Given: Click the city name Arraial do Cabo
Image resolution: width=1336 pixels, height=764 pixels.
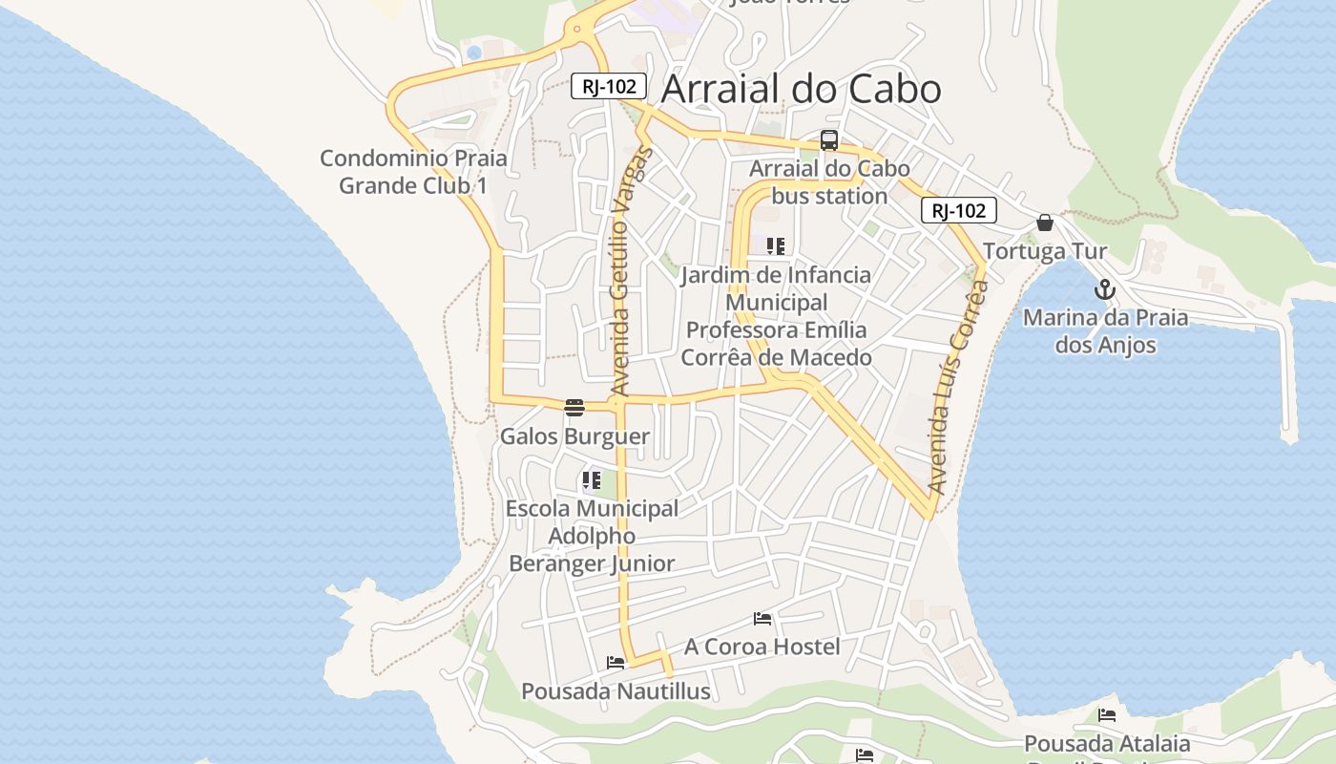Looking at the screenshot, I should click(801, 89).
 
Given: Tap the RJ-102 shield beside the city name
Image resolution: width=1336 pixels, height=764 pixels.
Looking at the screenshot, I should click(609, 86).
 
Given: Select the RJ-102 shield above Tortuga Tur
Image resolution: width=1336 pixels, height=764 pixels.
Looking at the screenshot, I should click(958, 211).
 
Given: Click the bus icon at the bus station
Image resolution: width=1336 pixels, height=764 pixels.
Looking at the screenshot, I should click(828, 140).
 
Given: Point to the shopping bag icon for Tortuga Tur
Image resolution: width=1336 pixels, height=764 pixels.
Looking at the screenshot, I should click(1045, 223).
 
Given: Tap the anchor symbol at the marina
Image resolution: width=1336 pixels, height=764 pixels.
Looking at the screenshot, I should click(1105, 288).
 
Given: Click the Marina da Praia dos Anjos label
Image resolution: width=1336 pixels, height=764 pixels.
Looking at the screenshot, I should click(1105, 330).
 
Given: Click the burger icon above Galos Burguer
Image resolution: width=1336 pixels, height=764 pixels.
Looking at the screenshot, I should click(574, 408).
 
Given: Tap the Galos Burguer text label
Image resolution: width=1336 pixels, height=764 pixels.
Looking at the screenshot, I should click(574, 436).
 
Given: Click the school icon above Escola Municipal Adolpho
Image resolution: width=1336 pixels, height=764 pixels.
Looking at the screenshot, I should click(592, 479).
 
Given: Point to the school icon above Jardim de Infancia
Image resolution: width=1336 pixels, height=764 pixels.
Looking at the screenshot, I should click(775, 246).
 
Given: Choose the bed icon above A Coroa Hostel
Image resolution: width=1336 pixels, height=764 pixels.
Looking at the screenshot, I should click(762, 619).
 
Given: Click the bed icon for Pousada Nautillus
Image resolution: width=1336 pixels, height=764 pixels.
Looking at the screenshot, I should click(616, 662).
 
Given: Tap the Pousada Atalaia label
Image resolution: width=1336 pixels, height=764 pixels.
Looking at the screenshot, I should click(1107, 743).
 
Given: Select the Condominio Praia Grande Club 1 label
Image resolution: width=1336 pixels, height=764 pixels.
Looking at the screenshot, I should click(413, 172).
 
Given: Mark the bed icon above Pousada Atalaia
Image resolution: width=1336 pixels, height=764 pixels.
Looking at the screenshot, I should click(1107, 714).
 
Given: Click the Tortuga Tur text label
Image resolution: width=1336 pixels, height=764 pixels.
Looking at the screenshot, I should click(1045, 251).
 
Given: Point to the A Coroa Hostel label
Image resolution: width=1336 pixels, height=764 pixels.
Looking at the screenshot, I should click(762, 647).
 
